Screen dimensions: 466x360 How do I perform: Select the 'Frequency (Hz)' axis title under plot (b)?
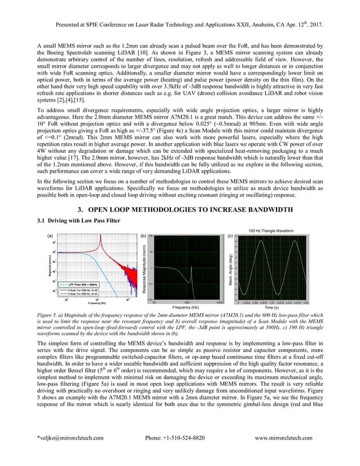pos(183,307)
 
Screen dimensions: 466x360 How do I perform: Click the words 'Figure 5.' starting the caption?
pos(47,314)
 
